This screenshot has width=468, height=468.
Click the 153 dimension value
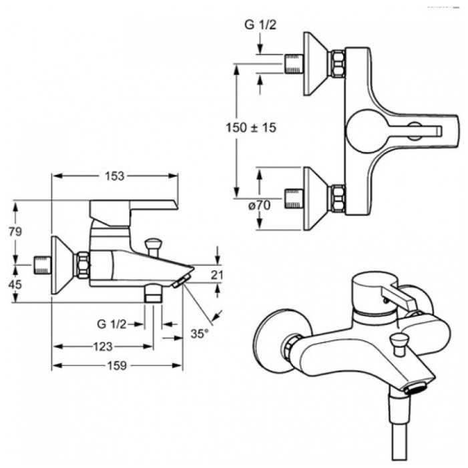(x=114, y=176)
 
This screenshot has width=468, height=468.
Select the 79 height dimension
(x=15, y=231)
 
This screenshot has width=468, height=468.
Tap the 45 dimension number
(x=15, y=284)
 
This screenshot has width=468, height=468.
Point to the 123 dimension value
(x=103, y=346)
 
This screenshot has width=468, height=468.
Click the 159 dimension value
(x=117, y=365)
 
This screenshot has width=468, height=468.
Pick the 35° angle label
(x=200, y=333)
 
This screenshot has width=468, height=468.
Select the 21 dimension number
(x=217, y=275)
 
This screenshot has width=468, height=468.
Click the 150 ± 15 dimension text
(x=251, y=128)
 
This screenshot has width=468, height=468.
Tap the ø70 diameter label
(x=260, y=205)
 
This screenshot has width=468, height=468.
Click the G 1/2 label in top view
(x=260, y=25)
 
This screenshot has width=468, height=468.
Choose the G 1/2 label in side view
(x=111, y=324)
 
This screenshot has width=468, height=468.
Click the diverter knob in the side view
(x=153, y=246)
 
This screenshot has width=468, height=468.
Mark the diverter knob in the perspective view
(x=399, y=344)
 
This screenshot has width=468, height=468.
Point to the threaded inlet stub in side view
(x=43, y=265)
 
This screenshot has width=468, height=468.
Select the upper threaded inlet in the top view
(x=294, y=63)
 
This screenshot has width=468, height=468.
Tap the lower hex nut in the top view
(x=338, y=199)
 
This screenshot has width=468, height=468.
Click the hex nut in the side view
(x=83, y=265)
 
